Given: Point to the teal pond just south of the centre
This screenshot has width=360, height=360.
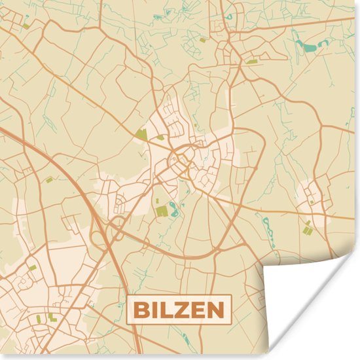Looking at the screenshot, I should tap(174, 209).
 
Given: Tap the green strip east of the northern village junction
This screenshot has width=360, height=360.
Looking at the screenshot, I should tap(252, 61).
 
